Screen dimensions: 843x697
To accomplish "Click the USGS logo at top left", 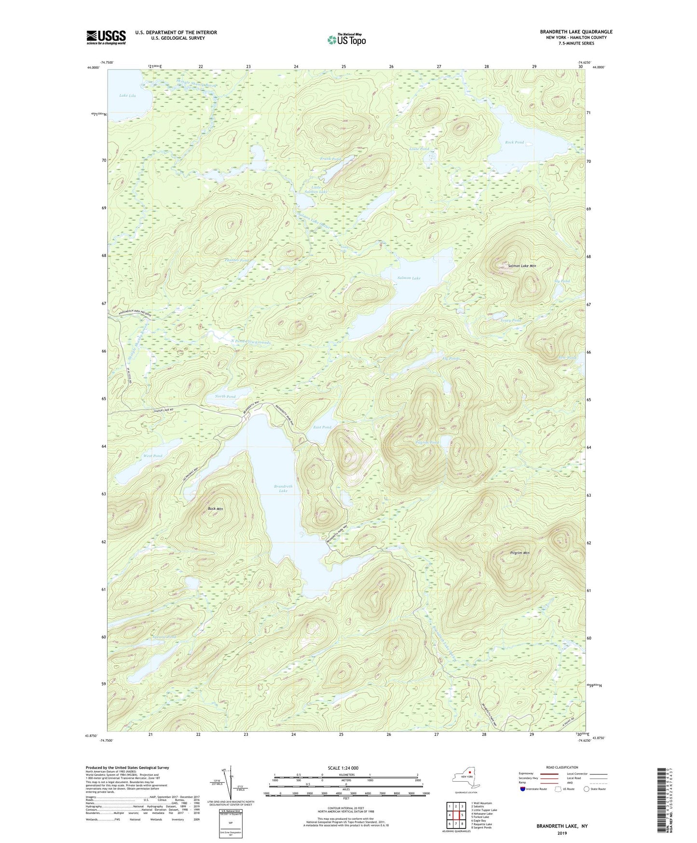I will coord(106,37).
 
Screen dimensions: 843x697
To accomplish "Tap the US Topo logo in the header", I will coord(346,40).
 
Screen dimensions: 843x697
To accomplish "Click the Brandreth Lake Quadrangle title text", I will coord(576,32).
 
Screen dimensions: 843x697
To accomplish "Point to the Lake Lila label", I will coord(127,96).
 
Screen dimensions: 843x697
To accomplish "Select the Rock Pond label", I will coord(514,142).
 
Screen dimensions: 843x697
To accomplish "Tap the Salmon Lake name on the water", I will coord(409,278).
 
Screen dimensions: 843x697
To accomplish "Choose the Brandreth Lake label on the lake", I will coord(283,489).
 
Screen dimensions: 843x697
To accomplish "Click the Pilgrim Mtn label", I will coord(519,553).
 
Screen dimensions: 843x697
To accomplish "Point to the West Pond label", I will coord(153,456).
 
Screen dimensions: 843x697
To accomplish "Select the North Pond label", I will coord(225,396).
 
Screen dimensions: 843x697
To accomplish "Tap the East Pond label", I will coord(322,427).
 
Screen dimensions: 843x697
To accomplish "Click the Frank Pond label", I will coord(330,159).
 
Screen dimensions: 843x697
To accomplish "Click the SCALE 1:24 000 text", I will coord(342,768).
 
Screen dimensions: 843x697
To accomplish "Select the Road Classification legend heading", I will coord(562,767).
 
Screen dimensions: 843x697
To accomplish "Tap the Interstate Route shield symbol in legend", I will coord(523,789).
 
